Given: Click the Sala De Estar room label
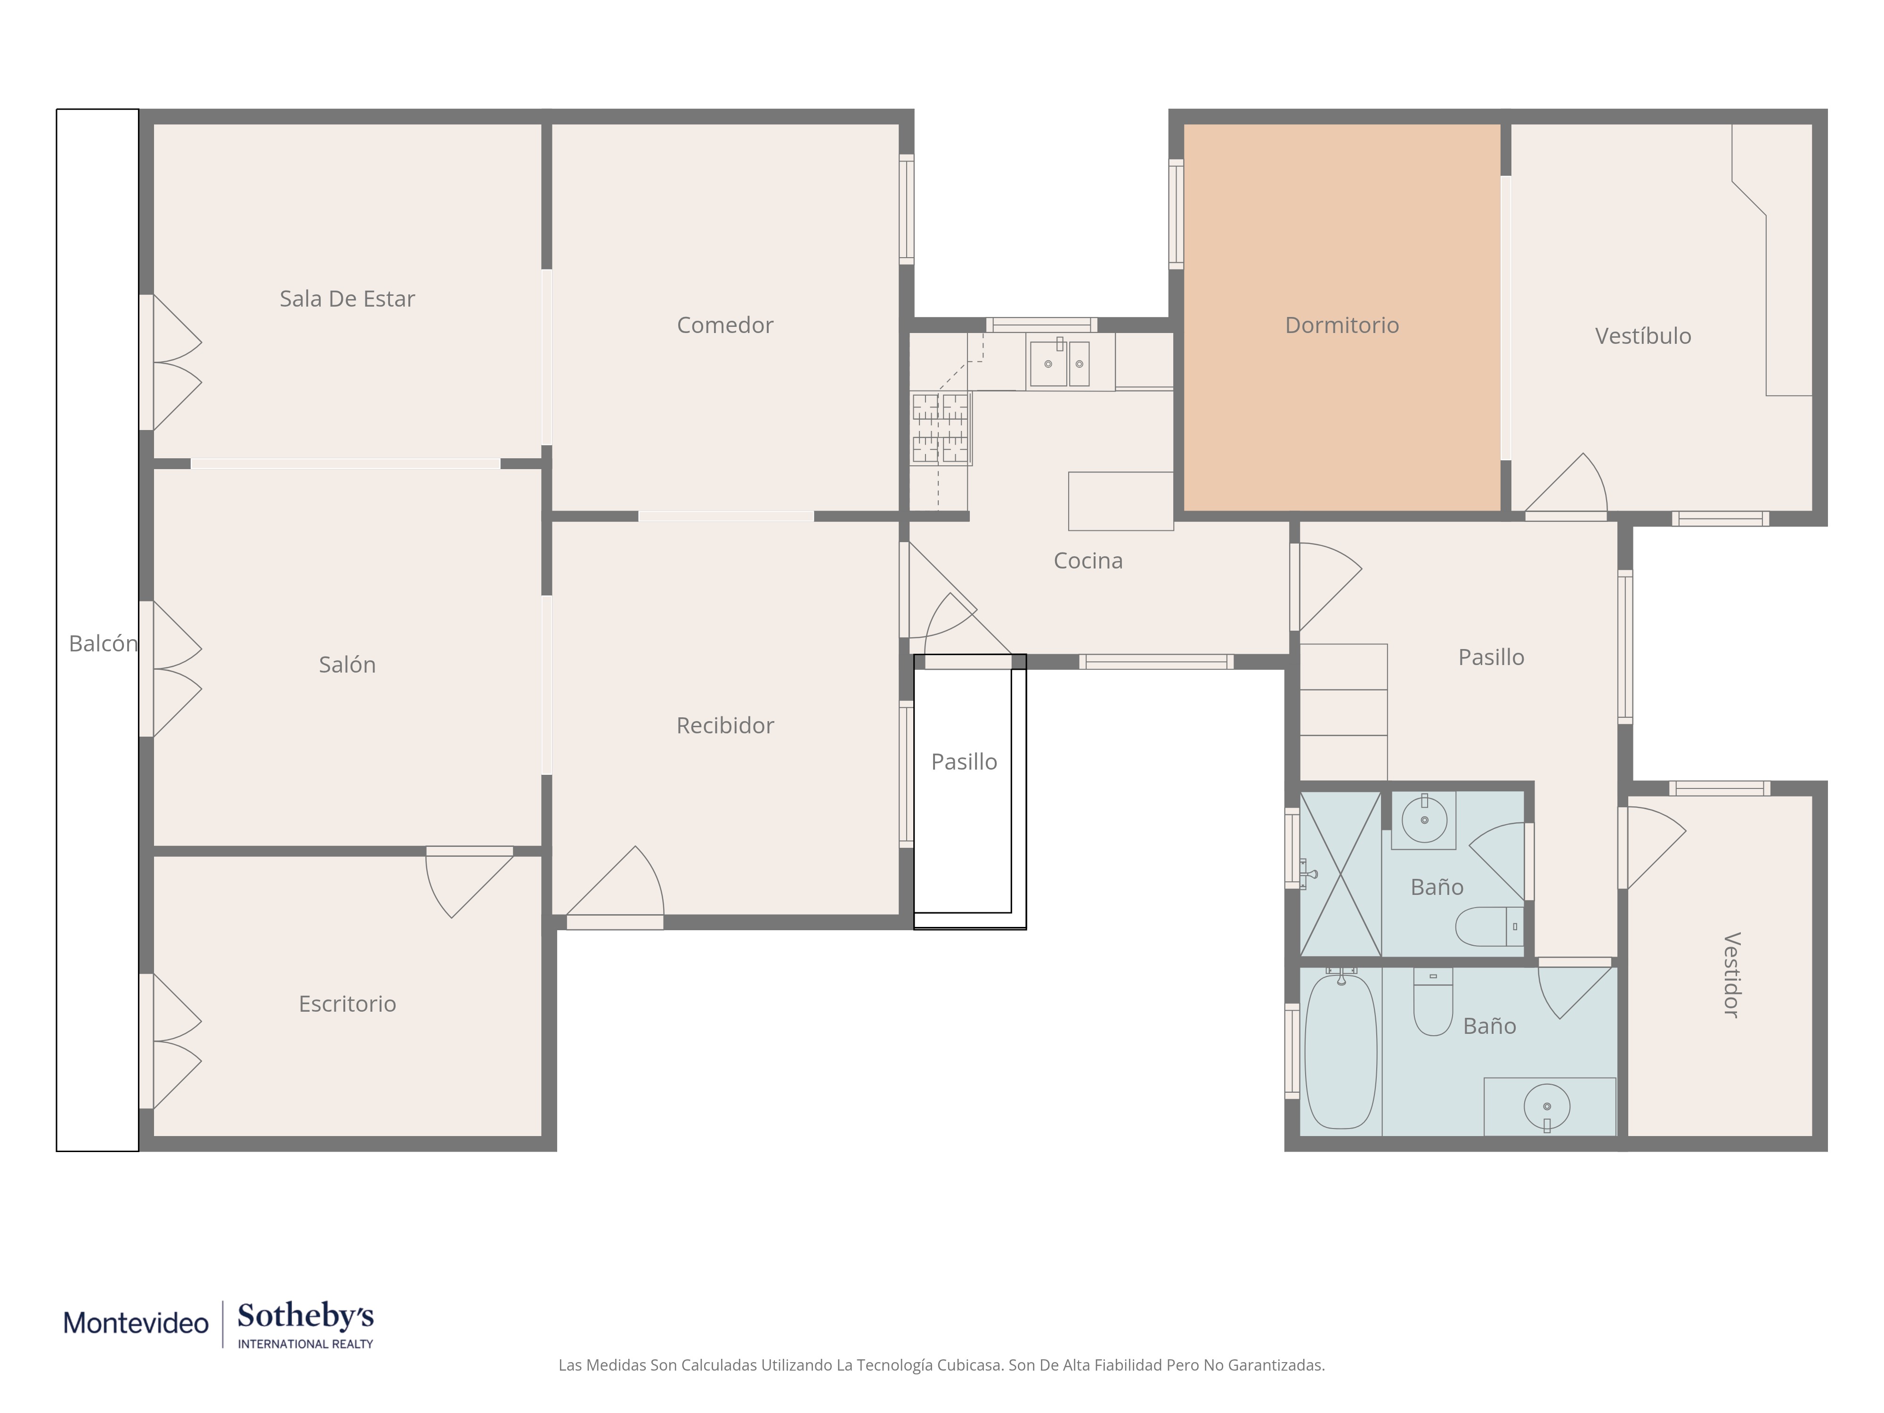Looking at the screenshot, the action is (x=348, y=299).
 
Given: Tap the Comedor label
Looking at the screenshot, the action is (x=725, y=325).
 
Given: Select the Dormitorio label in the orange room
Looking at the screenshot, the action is (x=1341, y=325).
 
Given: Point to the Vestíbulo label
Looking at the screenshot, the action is (x=1643, y=336).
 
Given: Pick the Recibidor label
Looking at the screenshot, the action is (x=725, y=726).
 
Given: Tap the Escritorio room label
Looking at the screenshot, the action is (x=348, y=1004).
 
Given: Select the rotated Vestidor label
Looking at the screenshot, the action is (x=1731, y=975).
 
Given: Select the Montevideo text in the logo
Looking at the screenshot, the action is (x=136, y=1323).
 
